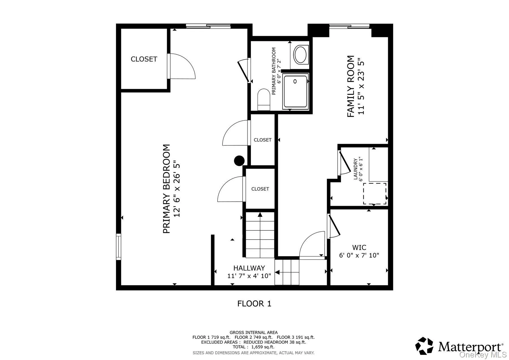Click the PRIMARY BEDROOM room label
(167, 189)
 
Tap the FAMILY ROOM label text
(351, 86)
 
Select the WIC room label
(359, 248)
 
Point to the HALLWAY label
(249, 268)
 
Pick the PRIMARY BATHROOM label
(273, 71)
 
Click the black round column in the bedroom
(239, 161)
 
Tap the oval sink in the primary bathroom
(300, 55)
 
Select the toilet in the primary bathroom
(264, 99)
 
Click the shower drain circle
(295, 81)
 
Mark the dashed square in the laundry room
(375, 193)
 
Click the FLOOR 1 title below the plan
(254, 304)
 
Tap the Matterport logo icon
(424, 346)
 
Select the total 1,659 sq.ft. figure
(253, 347)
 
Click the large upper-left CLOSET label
(144, 59)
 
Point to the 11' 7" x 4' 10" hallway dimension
(249, 276)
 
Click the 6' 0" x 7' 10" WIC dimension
(359, 255)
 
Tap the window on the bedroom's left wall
(119, 247)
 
